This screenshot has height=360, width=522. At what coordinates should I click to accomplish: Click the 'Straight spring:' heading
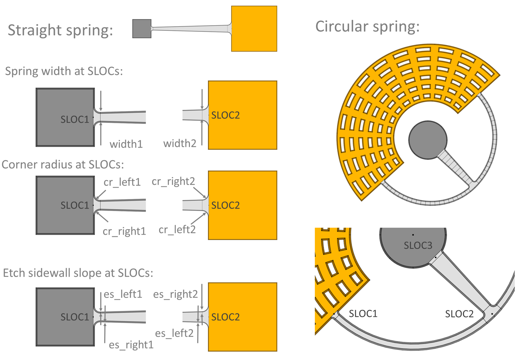[x=60, y=30]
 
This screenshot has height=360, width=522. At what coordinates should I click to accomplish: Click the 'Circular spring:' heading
[x=367, y=27]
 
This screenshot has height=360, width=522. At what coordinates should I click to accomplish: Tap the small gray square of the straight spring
[x=142, y=29]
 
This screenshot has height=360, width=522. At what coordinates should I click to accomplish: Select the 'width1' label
[x=126, y=144]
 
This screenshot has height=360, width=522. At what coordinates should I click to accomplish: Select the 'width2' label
[x=179, y=143]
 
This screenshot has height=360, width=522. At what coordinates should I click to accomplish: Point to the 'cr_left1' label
[x=122, y=182]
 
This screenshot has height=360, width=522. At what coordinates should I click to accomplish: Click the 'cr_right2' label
[x=173, y=181]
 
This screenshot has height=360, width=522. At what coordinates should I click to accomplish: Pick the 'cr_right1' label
[x=124, y=231]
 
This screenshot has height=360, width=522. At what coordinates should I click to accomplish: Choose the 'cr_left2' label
[x=177, y=230]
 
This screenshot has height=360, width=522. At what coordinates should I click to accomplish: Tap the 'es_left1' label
[x=123, y=294]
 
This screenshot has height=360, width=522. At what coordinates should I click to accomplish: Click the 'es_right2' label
[x=175, y=294]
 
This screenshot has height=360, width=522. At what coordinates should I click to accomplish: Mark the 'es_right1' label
[x=131, y=345]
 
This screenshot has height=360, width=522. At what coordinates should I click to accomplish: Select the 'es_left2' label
[x=174, y=333]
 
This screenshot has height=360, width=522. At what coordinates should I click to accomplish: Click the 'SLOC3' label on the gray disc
[x=418, y=245]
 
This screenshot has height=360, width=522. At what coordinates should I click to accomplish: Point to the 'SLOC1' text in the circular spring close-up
[x=363, y=313]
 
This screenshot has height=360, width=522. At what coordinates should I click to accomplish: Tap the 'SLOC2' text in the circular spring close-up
[x=459, y=314]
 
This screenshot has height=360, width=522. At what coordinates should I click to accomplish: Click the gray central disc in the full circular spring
[x=428, y=140]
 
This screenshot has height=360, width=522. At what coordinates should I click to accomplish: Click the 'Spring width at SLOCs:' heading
[x=64, y=71]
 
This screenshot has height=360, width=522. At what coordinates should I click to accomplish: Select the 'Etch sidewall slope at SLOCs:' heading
[x=78, y=273]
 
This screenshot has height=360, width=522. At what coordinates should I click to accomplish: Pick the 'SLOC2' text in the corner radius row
[x=225, y=205]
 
